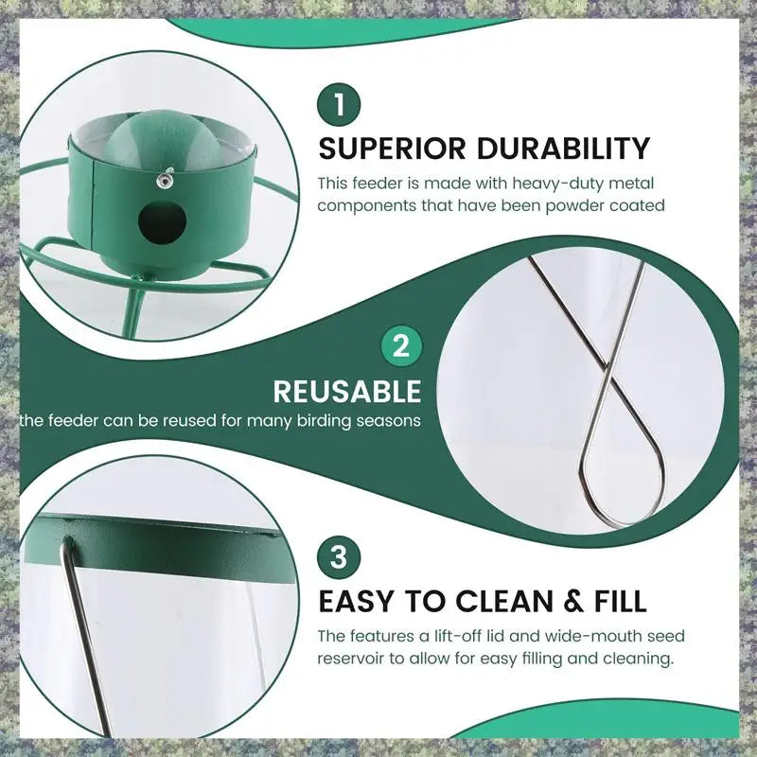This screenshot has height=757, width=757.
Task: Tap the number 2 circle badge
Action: click(x=401, y=347)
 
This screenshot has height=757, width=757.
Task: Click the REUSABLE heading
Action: click(x=347, y=392)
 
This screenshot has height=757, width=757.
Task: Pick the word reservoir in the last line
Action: click(x=353, y=659)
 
